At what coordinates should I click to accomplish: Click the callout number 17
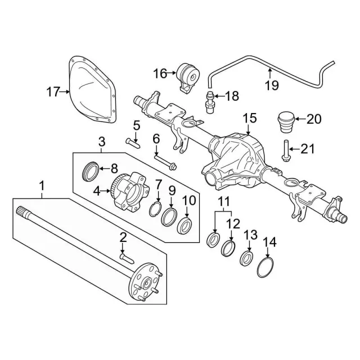click(x=53, y=92)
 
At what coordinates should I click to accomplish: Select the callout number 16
click(x=160, y=73)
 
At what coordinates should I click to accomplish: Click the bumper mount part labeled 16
click(x=188, y=78)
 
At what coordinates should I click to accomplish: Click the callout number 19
click(x=272, y=85)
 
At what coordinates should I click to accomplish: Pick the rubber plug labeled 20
click(x=286, y=121)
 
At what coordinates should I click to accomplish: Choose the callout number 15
click(x=249, y=119)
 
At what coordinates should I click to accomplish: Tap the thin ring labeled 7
click(x=158, y=211)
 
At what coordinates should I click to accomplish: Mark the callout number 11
click(x=224, y=201)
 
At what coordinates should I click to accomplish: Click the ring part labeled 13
click(x=246, y=258)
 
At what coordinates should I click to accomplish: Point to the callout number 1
click(x=41, y=184)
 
